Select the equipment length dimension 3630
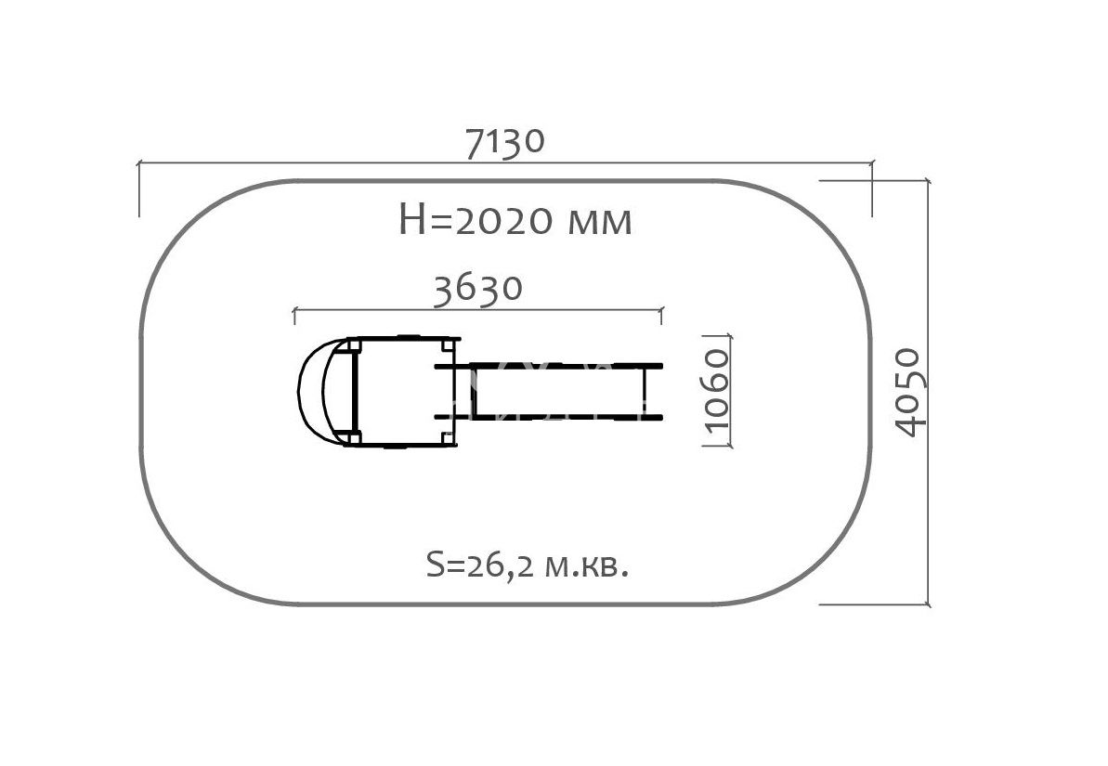coord(477,289)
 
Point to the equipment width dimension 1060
coord(716,389)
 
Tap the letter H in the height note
coord(411,220)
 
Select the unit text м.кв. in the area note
coord(587,567)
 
